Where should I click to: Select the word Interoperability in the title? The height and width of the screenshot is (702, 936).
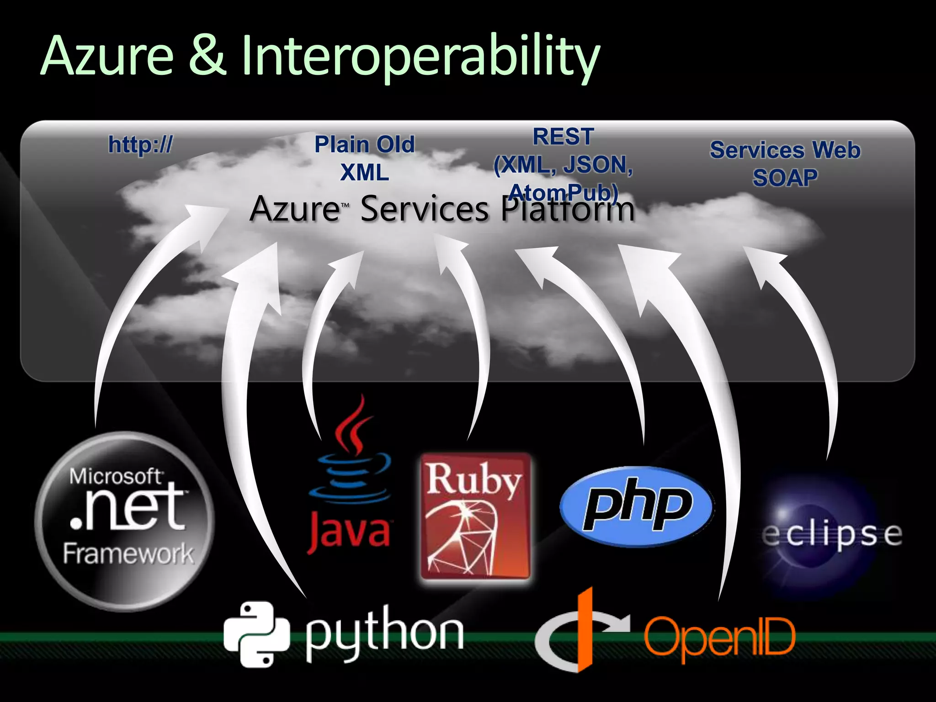(420, 58)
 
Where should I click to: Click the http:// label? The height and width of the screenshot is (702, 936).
(140, 145)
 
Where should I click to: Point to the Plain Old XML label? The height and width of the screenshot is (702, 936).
(365, 158)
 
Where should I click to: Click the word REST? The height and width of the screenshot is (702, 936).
(563, 137)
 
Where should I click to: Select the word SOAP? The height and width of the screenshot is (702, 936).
(785, 178)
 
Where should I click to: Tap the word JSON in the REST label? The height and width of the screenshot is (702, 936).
(598, 165)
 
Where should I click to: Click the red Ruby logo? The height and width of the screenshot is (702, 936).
(475, 516)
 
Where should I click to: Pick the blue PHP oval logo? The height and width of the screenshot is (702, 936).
(637, 506)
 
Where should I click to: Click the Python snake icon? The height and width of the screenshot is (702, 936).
(257, 634)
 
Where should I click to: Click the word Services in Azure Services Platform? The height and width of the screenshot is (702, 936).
(425, 209)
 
